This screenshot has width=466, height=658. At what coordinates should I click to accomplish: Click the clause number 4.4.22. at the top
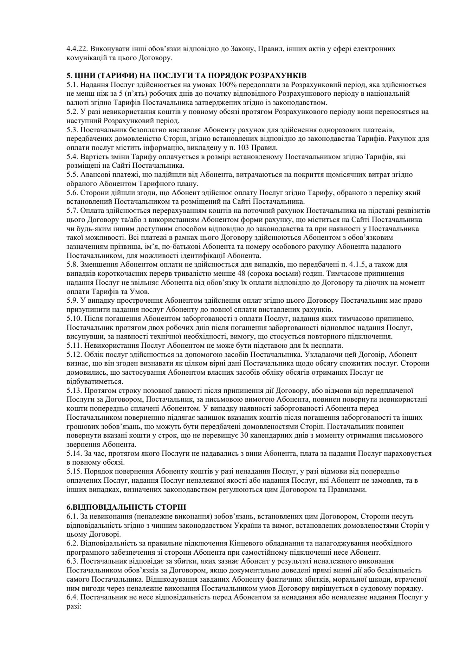tap(77, 49)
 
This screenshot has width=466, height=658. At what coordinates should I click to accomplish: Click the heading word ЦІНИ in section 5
tap(84, 75)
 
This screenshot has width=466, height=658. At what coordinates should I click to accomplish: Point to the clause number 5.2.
tap(72, 112)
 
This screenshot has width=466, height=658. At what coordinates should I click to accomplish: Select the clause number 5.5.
tap(72, 174)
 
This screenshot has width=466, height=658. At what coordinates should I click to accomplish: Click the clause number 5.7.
tap(72, 211)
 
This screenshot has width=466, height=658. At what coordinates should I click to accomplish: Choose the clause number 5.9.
tap(72, 301)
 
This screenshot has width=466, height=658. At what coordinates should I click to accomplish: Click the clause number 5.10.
tap(74, 318)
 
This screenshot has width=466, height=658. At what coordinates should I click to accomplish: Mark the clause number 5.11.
tap(74, 345)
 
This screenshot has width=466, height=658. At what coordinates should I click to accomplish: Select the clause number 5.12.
tap(74, 355)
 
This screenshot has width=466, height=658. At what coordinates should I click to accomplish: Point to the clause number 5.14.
tap(74, 454)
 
